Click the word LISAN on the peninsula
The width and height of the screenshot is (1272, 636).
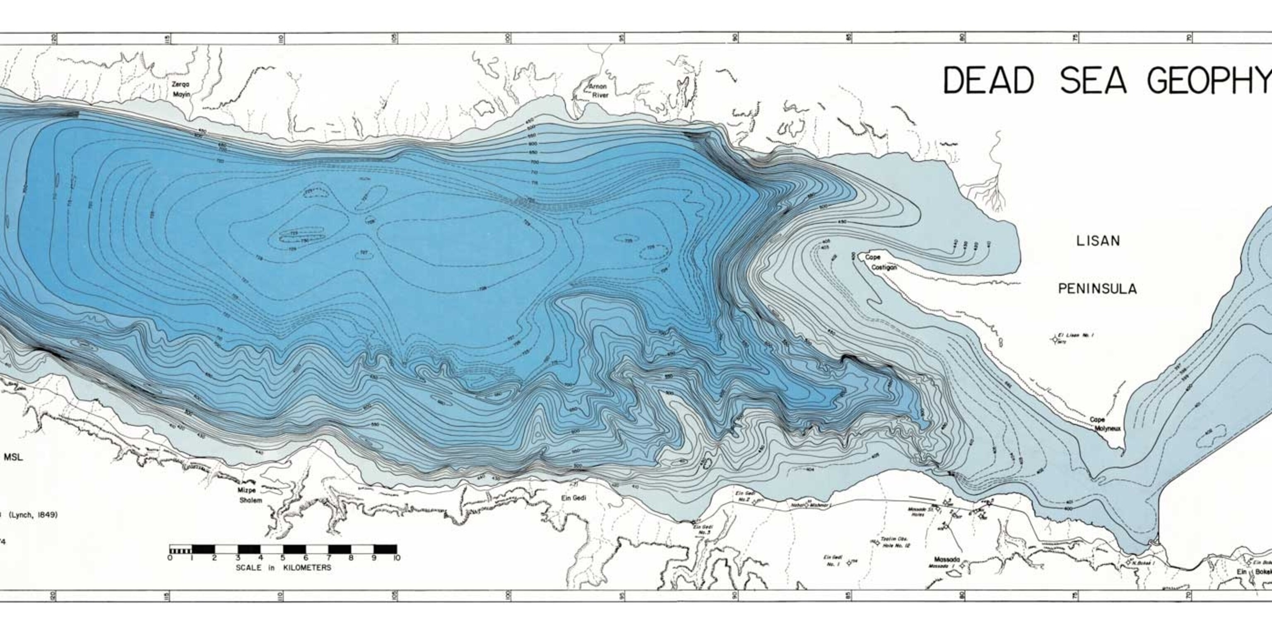point(1098,241)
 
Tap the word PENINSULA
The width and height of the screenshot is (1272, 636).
point(1097,289)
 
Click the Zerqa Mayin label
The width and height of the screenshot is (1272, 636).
point(180,89)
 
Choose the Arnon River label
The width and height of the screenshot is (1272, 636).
point(597,90)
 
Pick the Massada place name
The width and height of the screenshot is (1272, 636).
point(947,559)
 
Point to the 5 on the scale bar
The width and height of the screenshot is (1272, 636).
point(283,558)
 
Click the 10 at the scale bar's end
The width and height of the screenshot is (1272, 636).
point(396,558)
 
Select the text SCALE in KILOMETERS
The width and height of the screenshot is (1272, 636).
point(284,568)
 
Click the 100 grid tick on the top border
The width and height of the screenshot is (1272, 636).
point(507,38)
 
